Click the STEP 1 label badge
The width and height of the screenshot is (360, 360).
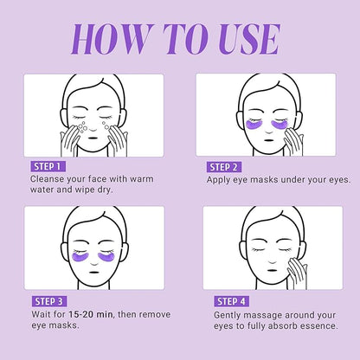45,165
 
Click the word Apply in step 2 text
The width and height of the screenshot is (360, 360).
221,180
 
